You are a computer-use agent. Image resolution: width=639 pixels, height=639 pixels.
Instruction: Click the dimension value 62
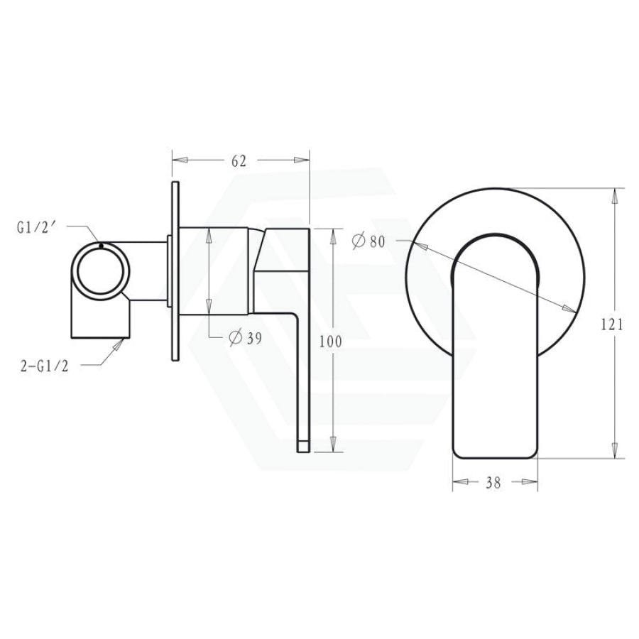[239, 161]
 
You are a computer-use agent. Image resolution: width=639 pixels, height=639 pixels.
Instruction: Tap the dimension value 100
[331, 342]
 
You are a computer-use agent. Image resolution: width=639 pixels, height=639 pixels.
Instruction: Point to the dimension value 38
[494, 483]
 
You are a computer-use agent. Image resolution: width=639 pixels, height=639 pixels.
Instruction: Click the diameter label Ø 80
[368, 241]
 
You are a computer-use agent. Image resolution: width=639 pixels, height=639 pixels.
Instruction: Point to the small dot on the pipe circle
[102, 245]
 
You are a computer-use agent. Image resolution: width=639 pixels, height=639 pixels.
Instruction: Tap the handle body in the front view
[494, 369]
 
